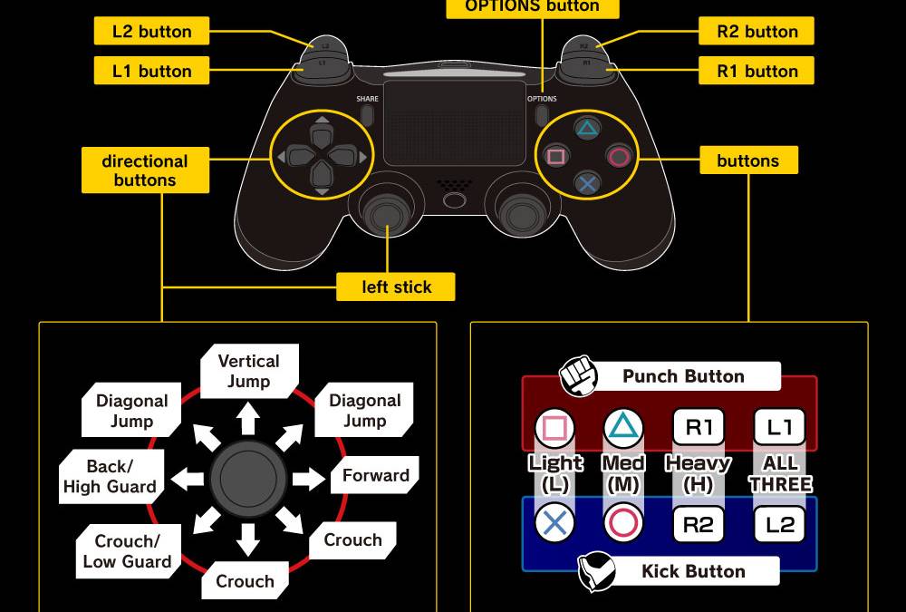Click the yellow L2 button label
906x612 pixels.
pos(151,32)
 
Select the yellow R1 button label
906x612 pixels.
pos(757,71)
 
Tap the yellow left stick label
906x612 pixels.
pos(396,287)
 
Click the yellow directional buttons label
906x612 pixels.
pos(145,170)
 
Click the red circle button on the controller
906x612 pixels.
pos(619,157)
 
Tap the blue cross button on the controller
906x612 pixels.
pos(587,184)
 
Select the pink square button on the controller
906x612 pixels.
pos(556,157)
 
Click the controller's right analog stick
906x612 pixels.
pos(520,214)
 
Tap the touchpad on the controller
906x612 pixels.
pos(454,122)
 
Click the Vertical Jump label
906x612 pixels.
pos(248,371)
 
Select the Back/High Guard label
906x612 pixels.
pos(110,476)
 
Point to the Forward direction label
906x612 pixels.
pos(376,475)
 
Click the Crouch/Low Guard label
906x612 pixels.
pos(127,551)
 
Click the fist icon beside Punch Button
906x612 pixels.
pos(577,376)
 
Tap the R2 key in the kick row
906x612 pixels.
pos(699,524)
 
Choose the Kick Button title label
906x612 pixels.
pos(693,571)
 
